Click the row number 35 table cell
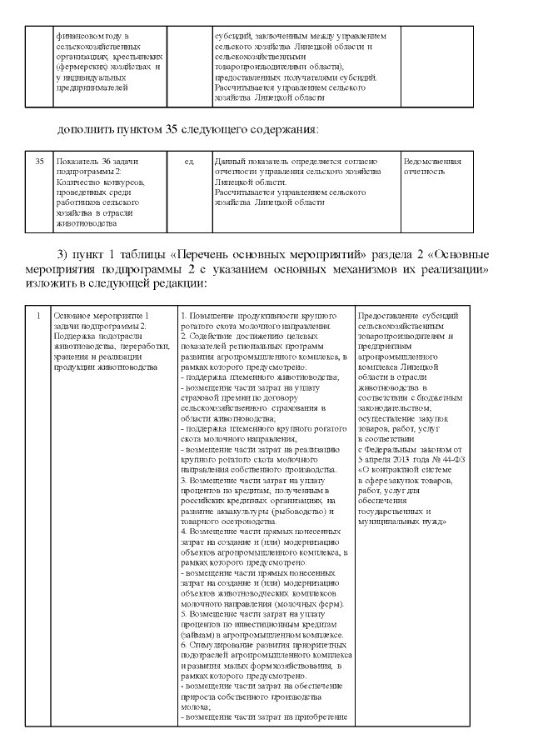click(39, 160)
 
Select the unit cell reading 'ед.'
click(189, 160)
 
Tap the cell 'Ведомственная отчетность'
click(431, 165)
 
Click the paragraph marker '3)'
click(63, 253)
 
